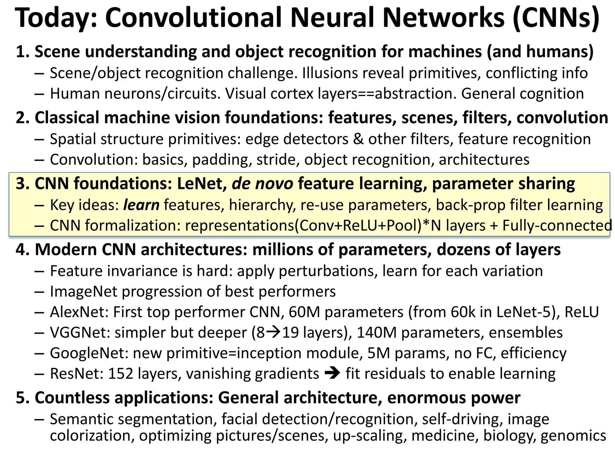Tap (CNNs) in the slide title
point(556,18)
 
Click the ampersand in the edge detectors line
point(358,139)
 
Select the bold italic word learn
point(141,205)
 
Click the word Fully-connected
point(557,225)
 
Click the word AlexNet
point(79,312)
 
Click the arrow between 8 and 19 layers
point(274,332)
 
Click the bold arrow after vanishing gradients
point(332,373)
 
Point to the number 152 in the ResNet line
point(120,373)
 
